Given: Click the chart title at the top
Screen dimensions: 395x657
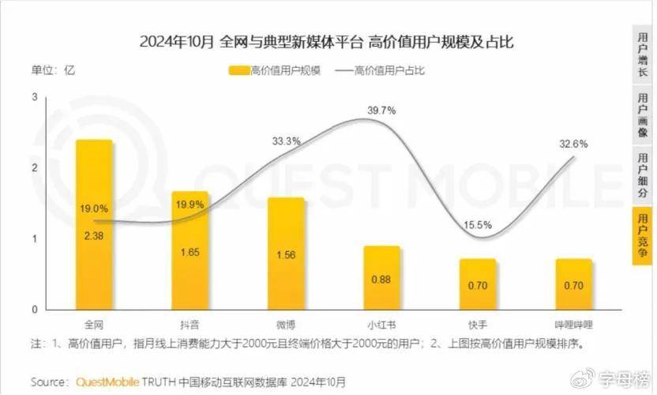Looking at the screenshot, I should [x=326, y=42].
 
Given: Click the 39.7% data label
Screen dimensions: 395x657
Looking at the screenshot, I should [x=381, y=111].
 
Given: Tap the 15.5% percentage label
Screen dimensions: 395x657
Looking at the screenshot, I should [x=477, y=225].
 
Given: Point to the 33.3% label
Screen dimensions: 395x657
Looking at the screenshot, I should [x=286, y=141].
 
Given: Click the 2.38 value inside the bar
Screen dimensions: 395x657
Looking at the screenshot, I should [x=94, y=235].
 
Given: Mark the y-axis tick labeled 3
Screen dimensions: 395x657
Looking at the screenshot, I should [x=34, y=96].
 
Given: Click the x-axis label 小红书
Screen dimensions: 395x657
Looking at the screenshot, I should [x=381, y=324].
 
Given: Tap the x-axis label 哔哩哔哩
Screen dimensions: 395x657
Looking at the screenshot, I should [x=574, y=324].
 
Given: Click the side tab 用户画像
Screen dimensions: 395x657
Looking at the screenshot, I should [x=644, y=115].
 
